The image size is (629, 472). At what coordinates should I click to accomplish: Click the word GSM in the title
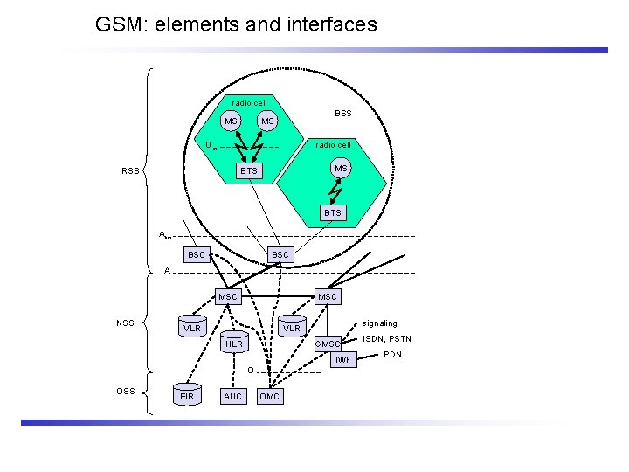click(119, 24)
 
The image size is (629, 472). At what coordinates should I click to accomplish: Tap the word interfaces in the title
click(330, 24)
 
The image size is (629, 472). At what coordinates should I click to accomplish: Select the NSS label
click(126, 323)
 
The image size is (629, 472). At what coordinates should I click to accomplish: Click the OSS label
click(126, 391)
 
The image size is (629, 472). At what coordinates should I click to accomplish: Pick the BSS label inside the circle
click(343, 113)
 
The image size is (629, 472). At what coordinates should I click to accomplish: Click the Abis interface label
click(165, 235)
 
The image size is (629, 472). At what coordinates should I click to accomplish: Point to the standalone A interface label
click(167, 271)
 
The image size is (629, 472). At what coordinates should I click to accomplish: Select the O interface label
click(250, 371)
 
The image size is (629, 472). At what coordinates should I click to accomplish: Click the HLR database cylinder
click(233, 344)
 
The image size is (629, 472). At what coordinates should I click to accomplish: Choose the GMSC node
click(328, 344)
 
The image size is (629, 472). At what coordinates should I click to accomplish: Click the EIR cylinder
click(186, 396)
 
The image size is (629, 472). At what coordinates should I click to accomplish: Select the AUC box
click(233, 396)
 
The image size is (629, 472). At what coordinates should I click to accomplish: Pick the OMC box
click(270, 396)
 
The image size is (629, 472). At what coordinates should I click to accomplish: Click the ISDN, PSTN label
click(387, 339)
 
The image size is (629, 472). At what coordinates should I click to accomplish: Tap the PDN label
click(392, 355)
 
